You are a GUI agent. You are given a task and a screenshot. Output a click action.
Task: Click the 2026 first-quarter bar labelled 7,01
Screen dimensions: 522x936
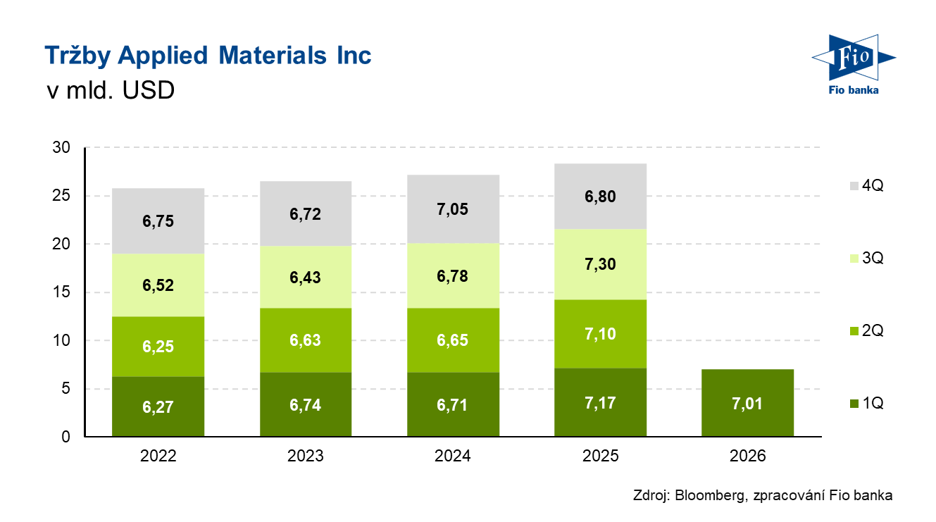pos(748,403)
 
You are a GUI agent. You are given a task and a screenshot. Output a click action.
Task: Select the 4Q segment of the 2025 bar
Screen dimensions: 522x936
pos(600,197)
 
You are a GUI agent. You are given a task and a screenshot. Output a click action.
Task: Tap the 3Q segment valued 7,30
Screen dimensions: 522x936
pos(600,264)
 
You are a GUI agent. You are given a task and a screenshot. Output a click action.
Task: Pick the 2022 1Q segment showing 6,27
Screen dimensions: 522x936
pos(158,407)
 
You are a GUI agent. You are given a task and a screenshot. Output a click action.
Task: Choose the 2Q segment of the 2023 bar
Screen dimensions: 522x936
pos(305,340)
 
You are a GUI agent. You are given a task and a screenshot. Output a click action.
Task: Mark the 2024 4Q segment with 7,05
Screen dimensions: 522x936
pos(452,209)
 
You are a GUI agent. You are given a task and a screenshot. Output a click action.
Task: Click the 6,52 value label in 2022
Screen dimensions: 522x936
pos(158,286)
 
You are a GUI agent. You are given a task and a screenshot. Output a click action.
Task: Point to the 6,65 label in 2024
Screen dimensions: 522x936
pos(452,340)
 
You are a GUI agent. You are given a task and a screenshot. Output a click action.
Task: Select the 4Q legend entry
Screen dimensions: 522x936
pos(866,186)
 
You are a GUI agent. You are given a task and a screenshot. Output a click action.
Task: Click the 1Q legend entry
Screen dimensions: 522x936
pos(866,404)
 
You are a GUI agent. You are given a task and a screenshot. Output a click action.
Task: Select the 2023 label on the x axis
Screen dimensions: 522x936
pos(305,456)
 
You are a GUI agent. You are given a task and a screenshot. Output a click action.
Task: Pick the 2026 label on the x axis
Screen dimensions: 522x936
pos(748,456)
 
